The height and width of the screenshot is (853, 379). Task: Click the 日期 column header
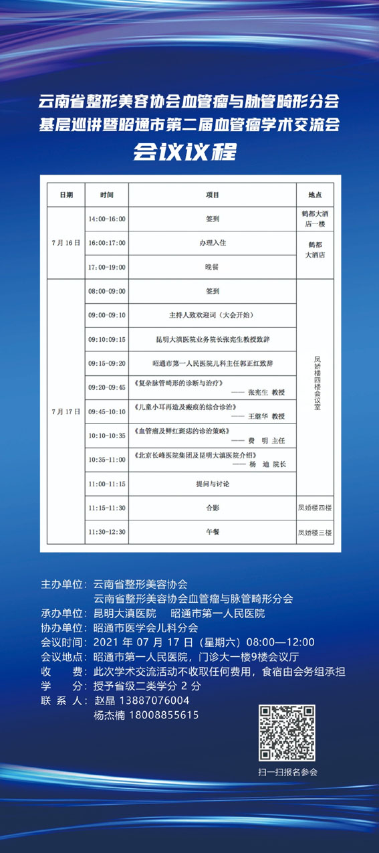pos(66,195)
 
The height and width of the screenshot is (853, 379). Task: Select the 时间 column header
pos(107,195)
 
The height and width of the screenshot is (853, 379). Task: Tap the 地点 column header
pos(315,195)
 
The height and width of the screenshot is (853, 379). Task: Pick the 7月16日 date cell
pos(66,242)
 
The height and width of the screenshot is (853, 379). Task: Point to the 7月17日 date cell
pos(66,411)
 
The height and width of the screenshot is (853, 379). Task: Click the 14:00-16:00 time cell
pos(107,219)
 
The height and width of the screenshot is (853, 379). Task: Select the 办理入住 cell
pos(213,242)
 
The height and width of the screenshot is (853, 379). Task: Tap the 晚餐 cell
pos(213,266)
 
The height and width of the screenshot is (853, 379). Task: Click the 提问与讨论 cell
pos(213,483)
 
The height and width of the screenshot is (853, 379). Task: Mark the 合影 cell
pos(213,508)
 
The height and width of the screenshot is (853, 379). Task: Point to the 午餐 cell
pos(213,532)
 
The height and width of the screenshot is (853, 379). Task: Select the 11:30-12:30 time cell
pos(107,532)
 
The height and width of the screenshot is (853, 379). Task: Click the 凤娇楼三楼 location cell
pos(315,532)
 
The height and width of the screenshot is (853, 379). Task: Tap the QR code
pos(287,733)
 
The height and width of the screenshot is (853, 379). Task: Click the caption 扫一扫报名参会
pos(288,772)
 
